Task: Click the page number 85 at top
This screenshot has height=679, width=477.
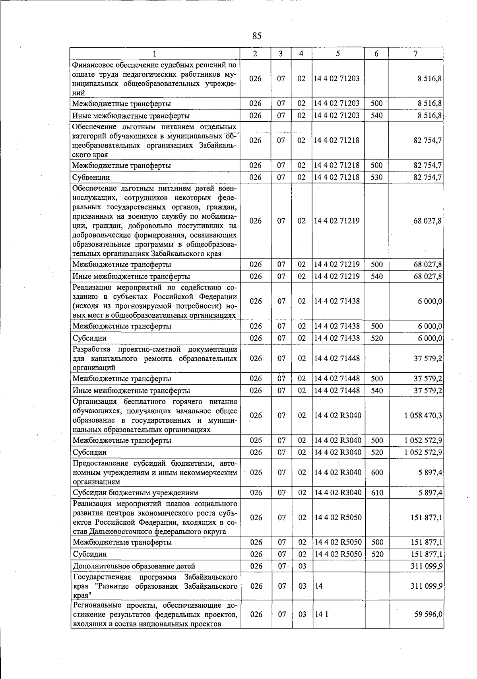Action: point(257,36)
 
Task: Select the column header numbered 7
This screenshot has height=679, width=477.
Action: point(415,54)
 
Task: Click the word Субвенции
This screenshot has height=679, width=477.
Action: point(91,177)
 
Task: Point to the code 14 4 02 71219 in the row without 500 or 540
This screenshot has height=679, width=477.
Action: point(336,221)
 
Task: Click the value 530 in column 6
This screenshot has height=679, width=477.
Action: point(376,177)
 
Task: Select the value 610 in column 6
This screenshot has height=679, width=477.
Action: point(376,493)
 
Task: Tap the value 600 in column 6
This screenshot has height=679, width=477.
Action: point(376,473)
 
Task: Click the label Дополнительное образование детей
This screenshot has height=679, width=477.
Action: point(134,566)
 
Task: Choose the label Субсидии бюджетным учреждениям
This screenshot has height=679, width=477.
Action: point(135,493)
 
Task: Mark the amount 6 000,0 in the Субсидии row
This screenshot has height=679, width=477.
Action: point(430,339)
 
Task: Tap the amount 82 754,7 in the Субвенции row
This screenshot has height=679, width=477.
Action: point(428,177)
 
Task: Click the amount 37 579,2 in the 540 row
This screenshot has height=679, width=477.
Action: point(428,391)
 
